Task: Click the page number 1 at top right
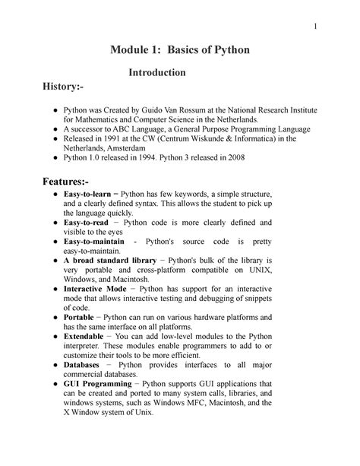pos(314,28)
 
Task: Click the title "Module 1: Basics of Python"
pos(180,50)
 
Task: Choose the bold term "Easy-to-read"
pos(89,223)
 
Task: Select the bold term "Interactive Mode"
pos(95,290)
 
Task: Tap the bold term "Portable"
pos(81,318)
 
